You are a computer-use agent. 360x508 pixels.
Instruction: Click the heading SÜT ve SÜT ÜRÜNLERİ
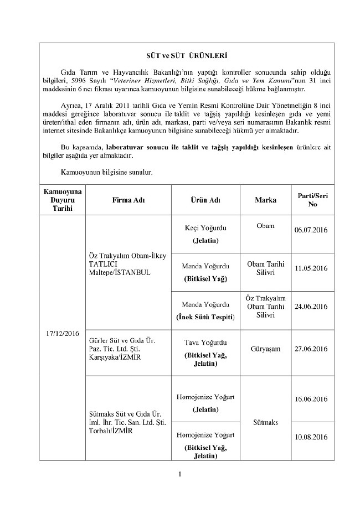click(x=183, y=56)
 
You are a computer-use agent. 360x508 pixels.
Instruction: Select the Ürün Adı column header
click(x=205, y=200)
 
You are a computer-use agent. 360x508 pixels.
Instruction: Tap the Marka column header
click(x=265, y=200)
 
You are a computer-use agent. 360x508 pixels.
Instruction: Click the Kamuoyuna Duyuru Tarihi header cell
click(x=62, y=200)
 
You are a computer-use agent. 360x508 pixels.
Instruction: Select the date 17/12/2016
click(x=62, y=333)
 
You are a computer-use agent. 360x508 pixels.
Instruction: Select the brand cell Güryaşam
click(x=265, y=349)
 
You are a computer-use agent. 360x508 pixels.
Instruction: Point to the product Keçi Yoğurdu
click(x=205, y=228)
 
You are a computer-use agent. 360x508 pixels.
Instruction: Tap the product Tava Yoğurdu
click(x=205, y=343)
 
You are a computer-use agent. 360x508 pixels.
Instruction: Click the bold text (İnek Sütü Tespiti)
click(x=205, y=317)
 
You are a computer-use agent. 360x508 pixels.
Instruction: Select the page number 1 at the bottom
click(x=181, y=474)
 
